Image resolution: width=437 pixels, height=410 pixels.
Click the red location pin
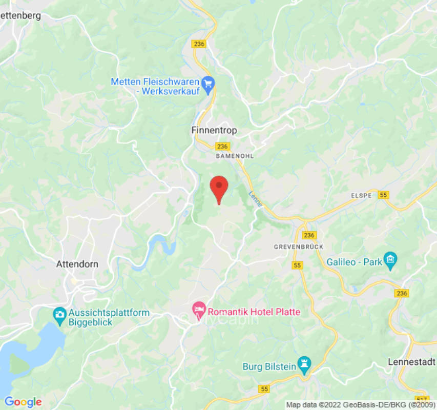[x=219, y=188]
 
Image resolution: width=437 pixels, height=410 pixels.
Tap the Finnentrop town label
[x=214, y=131]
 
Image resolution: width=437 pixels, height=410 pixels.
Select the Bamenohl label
[x=235, y=155]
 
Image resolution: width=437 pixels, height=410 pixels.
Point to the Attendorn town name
[x=77, y=264]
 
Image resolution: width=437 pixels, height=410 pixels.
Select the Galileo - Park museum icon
[x=391, y=260]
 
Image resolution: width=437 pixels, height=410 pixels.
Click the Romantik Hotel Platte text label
[x=254, y=312]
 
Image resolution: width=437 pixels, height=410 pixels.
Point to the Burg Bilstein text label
[x=269, y=366]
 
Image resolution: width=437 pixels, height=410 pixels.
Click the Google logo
[x=23, y=402]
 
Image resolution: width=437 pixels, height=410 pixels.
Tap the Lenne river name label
[x=255, y=199]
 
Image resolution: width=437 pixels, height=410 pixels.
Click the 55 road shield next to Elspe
[x=384, y=194]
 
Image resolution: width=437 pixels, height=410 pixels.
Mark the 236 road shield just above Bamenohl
[x=222, y=147]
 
